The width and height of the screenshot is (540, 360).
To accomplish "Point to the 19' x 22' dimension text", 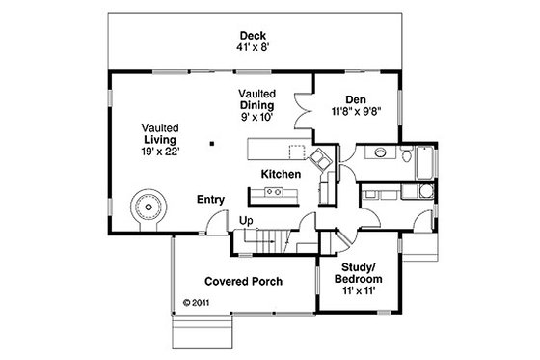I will [159, 151].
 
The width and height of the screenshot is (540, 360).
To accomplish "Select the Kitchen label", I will [281, 173].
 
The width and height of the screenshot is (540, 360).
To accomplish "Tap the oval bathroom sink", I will [382, 152].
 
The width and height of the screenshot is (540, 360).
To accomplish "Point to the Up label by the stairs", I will [246, 221].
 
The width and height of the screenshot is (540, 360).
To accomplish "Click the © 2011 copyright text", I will [196, 301].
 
